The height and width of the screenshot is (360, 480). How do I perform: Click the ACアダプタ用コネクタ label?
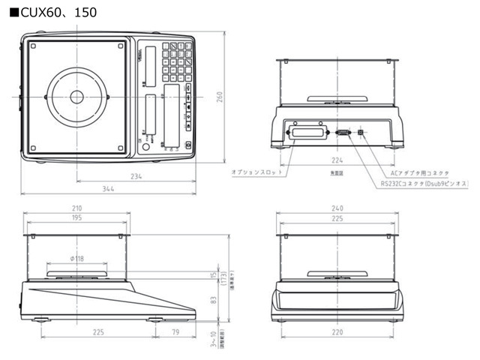414,173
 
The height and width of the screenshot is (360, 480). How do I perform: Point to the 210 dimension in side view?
77,208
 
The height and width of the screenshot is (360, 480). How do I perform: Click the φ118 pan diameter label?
77,259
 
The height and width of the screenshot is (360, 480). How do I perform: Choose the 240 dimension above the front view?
337,208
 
